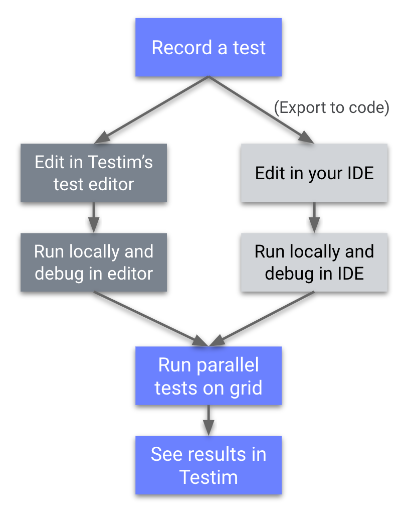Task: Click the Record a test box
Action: (208, 48)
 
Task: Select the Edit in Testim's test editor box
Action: (94, 173)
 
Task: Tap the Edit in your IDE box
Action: (314, 173)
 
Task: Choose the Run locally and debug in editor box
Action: (94, 262)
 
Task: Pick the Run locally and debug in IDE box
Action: (314, 262)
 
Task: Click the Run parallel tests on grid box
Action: (208, 376)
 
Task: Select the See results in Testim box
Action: (208, 465)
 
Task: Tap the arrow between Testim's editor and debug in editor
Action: (94, 217)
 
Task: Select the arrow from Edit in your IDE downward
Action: (314, 217)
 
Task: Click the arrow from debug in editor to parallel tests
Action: (150, 319)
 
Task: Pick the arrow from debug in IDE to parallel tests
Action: (263, 318)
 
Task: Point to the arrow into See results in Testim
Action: (208, 420)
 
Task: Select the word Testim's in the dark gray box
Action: (120, 162)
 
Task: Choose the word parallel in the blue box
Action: (228, 365)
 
